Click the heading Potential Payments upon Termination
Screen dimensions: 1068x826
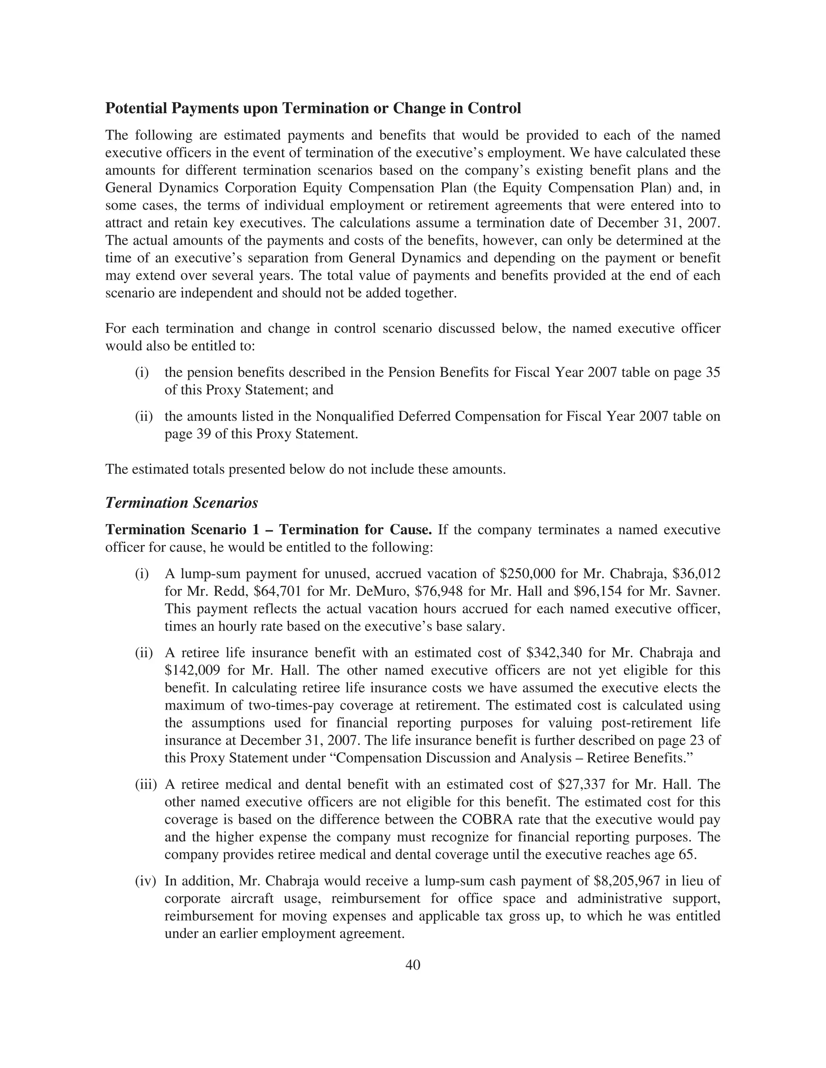pyautogui.click(x=313, y=108)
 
